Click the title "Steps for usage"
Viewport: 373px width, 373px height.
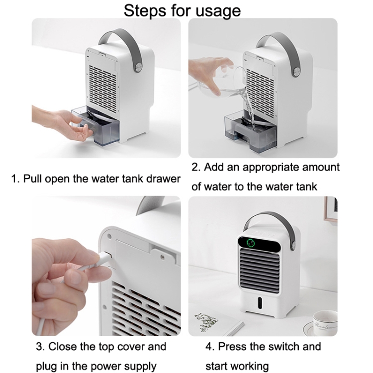[x=182, y=10]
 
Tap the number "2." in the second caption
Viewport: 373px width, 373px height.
[x=196, y=167]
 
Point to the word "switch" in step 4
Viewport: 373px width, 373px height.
[x=282, y=346]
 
